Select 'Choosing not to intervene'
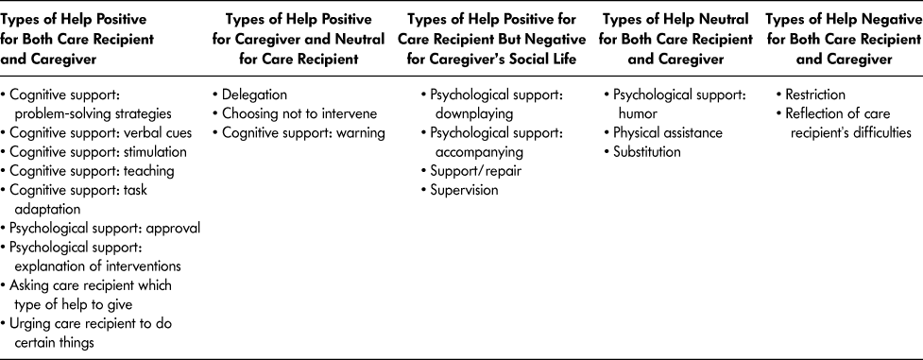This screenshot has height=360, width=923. [299, 113]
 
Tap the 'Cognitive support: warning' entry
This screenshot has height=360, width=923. [303, 132]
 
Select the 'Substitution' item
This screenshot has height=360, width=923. [647, 152]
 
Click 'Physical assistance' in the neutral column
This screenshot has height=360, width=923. [668, 132]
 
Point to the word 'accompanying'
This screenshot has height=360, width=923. [479, 152]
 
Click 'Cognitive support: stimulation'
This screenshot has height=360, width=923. [98, 152]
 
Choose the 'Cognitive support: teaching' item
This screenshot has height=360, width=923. [92, 171]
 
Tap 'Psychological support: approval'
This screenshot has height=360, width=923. [106, 228]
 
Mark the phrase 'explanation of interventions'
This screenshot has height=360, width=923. [98, 266]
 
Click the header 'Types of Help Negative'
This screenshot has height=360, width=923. [843, 20]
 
